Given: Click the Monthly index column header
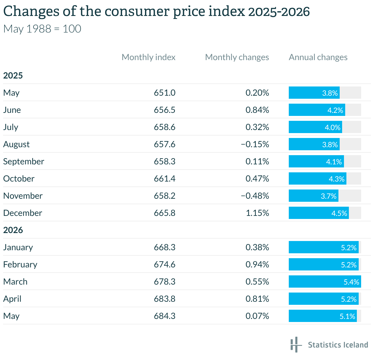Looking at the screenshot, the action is point(148,57).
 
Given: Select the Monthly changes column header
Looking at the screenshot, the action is point(237,57).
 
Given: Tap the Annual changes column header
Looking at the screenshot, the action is point(318,57).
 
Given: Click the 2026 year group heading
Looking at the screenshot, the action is point(13,230).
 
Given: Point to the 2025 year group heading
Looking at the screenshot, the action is point(13,75).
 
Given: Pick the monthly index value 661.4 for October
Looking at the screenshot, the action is point(165,178).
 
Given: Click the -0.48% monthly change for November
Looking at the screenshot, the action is point(255,196).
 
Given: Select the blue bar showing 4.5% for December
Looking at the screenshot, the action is point(319,213).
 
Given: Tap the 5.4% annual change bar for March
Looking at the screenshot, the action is point(325,281).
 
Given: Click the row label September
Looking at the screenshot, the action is point(24,162).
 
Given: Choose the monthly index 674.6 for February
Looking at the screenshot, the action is point(165,264).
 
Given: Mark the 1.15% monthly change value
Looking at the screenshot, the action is point(257,213).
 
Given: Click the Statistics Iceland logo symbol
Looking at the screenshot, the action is point(296,345).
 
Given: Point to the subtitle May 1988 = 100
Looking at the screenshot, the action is point(42,29).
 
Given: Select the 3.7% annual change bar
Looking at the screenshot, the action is point(314,196).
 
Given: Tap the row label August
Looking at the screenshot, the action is point(16,144).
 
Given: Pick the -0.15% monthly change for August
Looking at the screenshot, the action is point(255,144).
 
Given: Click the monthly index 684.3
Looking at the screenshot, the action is point(165,316).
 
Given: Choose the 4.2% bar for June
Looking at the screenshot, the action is point(317,110).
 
